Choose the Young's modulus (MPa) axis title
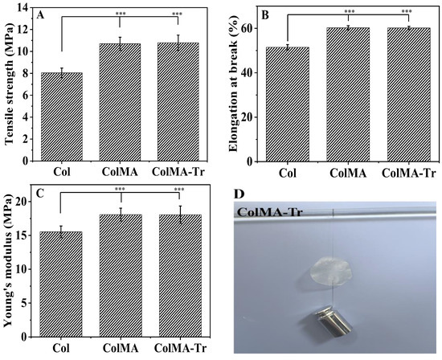[x=9, y=264]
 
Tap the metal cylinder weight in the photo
[x=332, y=325]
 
